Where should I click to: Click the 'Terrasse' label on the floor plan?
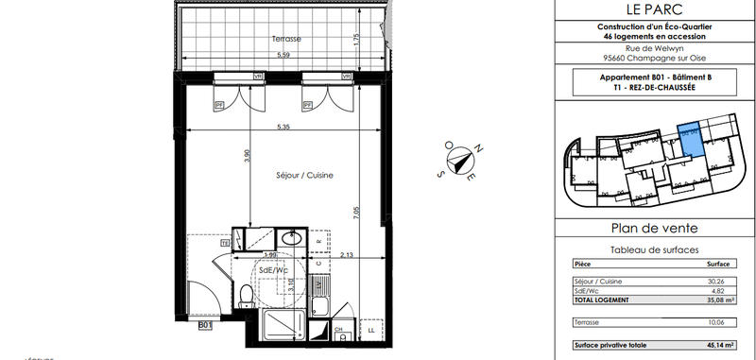[285, 40]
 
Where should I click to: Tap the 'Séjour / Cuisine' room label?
[304, 176]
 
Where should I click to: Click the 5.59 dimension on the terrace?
[283, 55]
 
